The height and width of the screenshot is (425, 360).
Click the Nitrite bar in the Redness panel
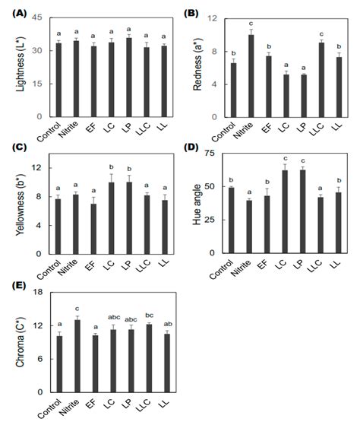(251, 76)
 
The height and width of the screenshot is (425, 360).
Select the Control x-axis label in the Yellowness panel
(52, 271)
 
